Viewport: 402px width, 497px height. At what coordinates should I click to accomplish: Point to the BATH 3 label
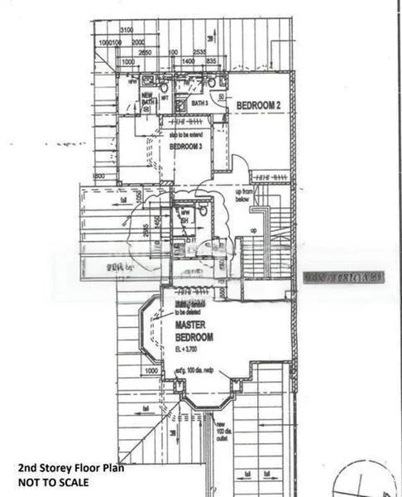coord(199,104)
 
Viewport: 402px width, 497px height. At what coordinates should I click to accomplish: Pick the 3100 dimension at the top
coord(126,31)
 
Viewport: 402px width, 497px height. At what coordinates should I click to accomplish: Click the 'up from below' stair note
coord(243,194)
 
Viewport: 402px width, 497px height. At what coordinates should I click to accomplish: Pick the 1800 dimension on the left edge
coord(99,176)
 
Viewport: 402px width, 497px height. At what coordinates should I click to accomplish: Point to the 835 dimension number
coord(210,61)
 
